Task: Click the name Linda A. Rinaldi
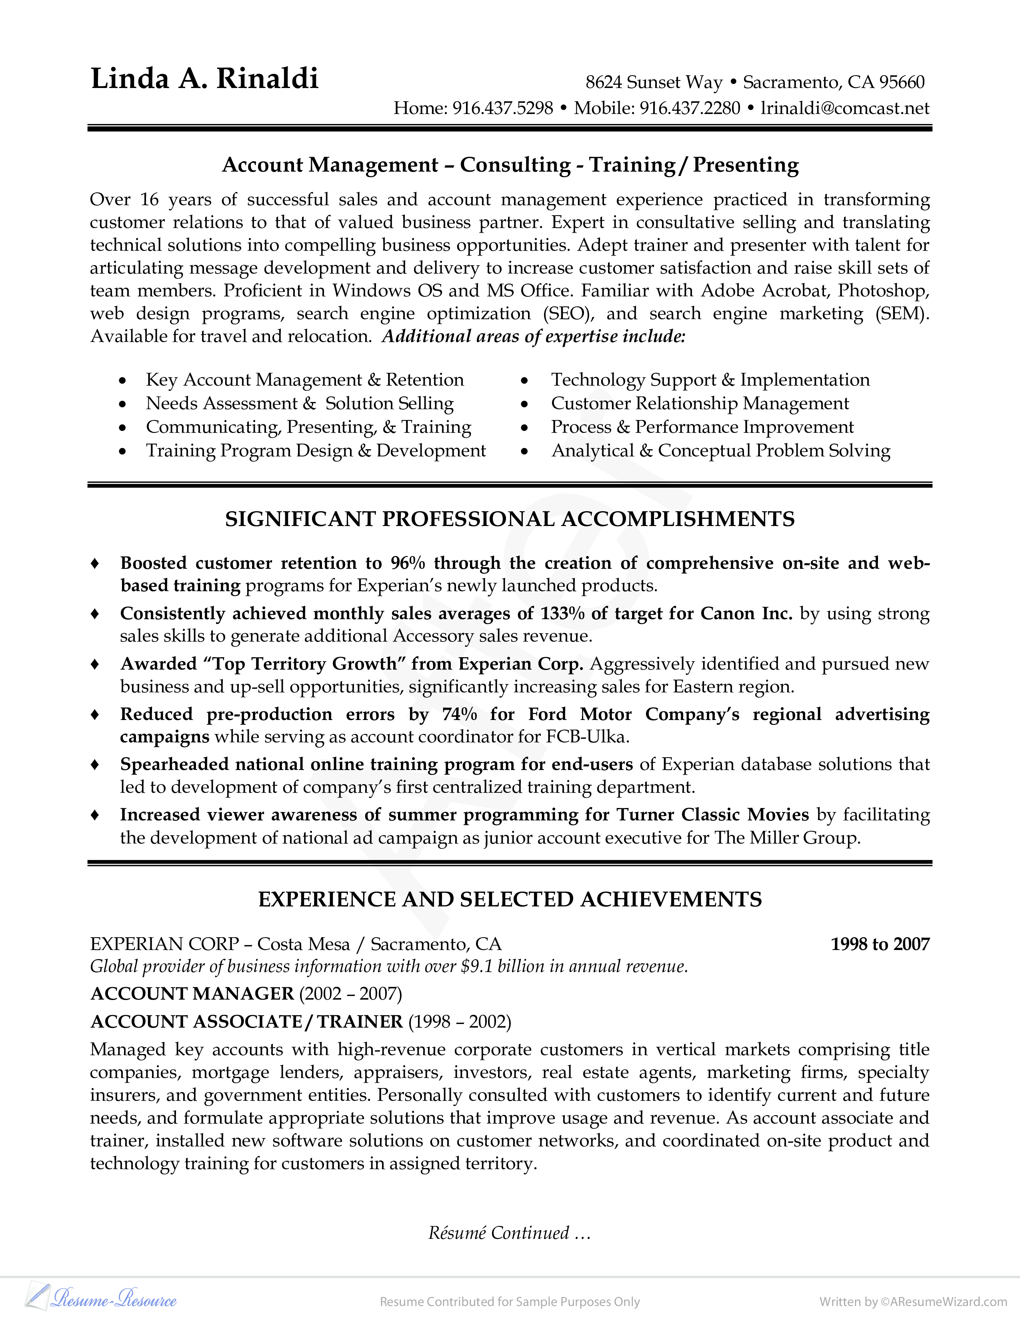(204, 78)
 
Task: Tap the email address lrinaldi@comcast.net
(845, 108)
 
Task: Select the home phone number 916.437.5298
(503, 108)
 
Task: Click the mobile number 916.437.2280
(690, 108)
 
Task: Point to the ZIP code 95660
(902, 82)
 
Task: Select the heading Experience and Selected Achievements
(509, 899)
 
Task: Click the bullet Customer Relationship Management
(700, 403)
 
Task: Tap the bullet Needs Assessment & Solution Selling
(300, 403)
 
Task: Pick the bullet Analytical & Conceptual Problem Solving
(720, 450)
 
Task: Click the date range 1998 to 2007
(880, 944)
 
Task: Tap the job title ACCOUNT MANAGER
(192, 994)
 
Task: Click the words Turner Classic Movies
(712, 815)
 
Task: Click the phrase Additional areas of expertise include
(534, 337)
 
